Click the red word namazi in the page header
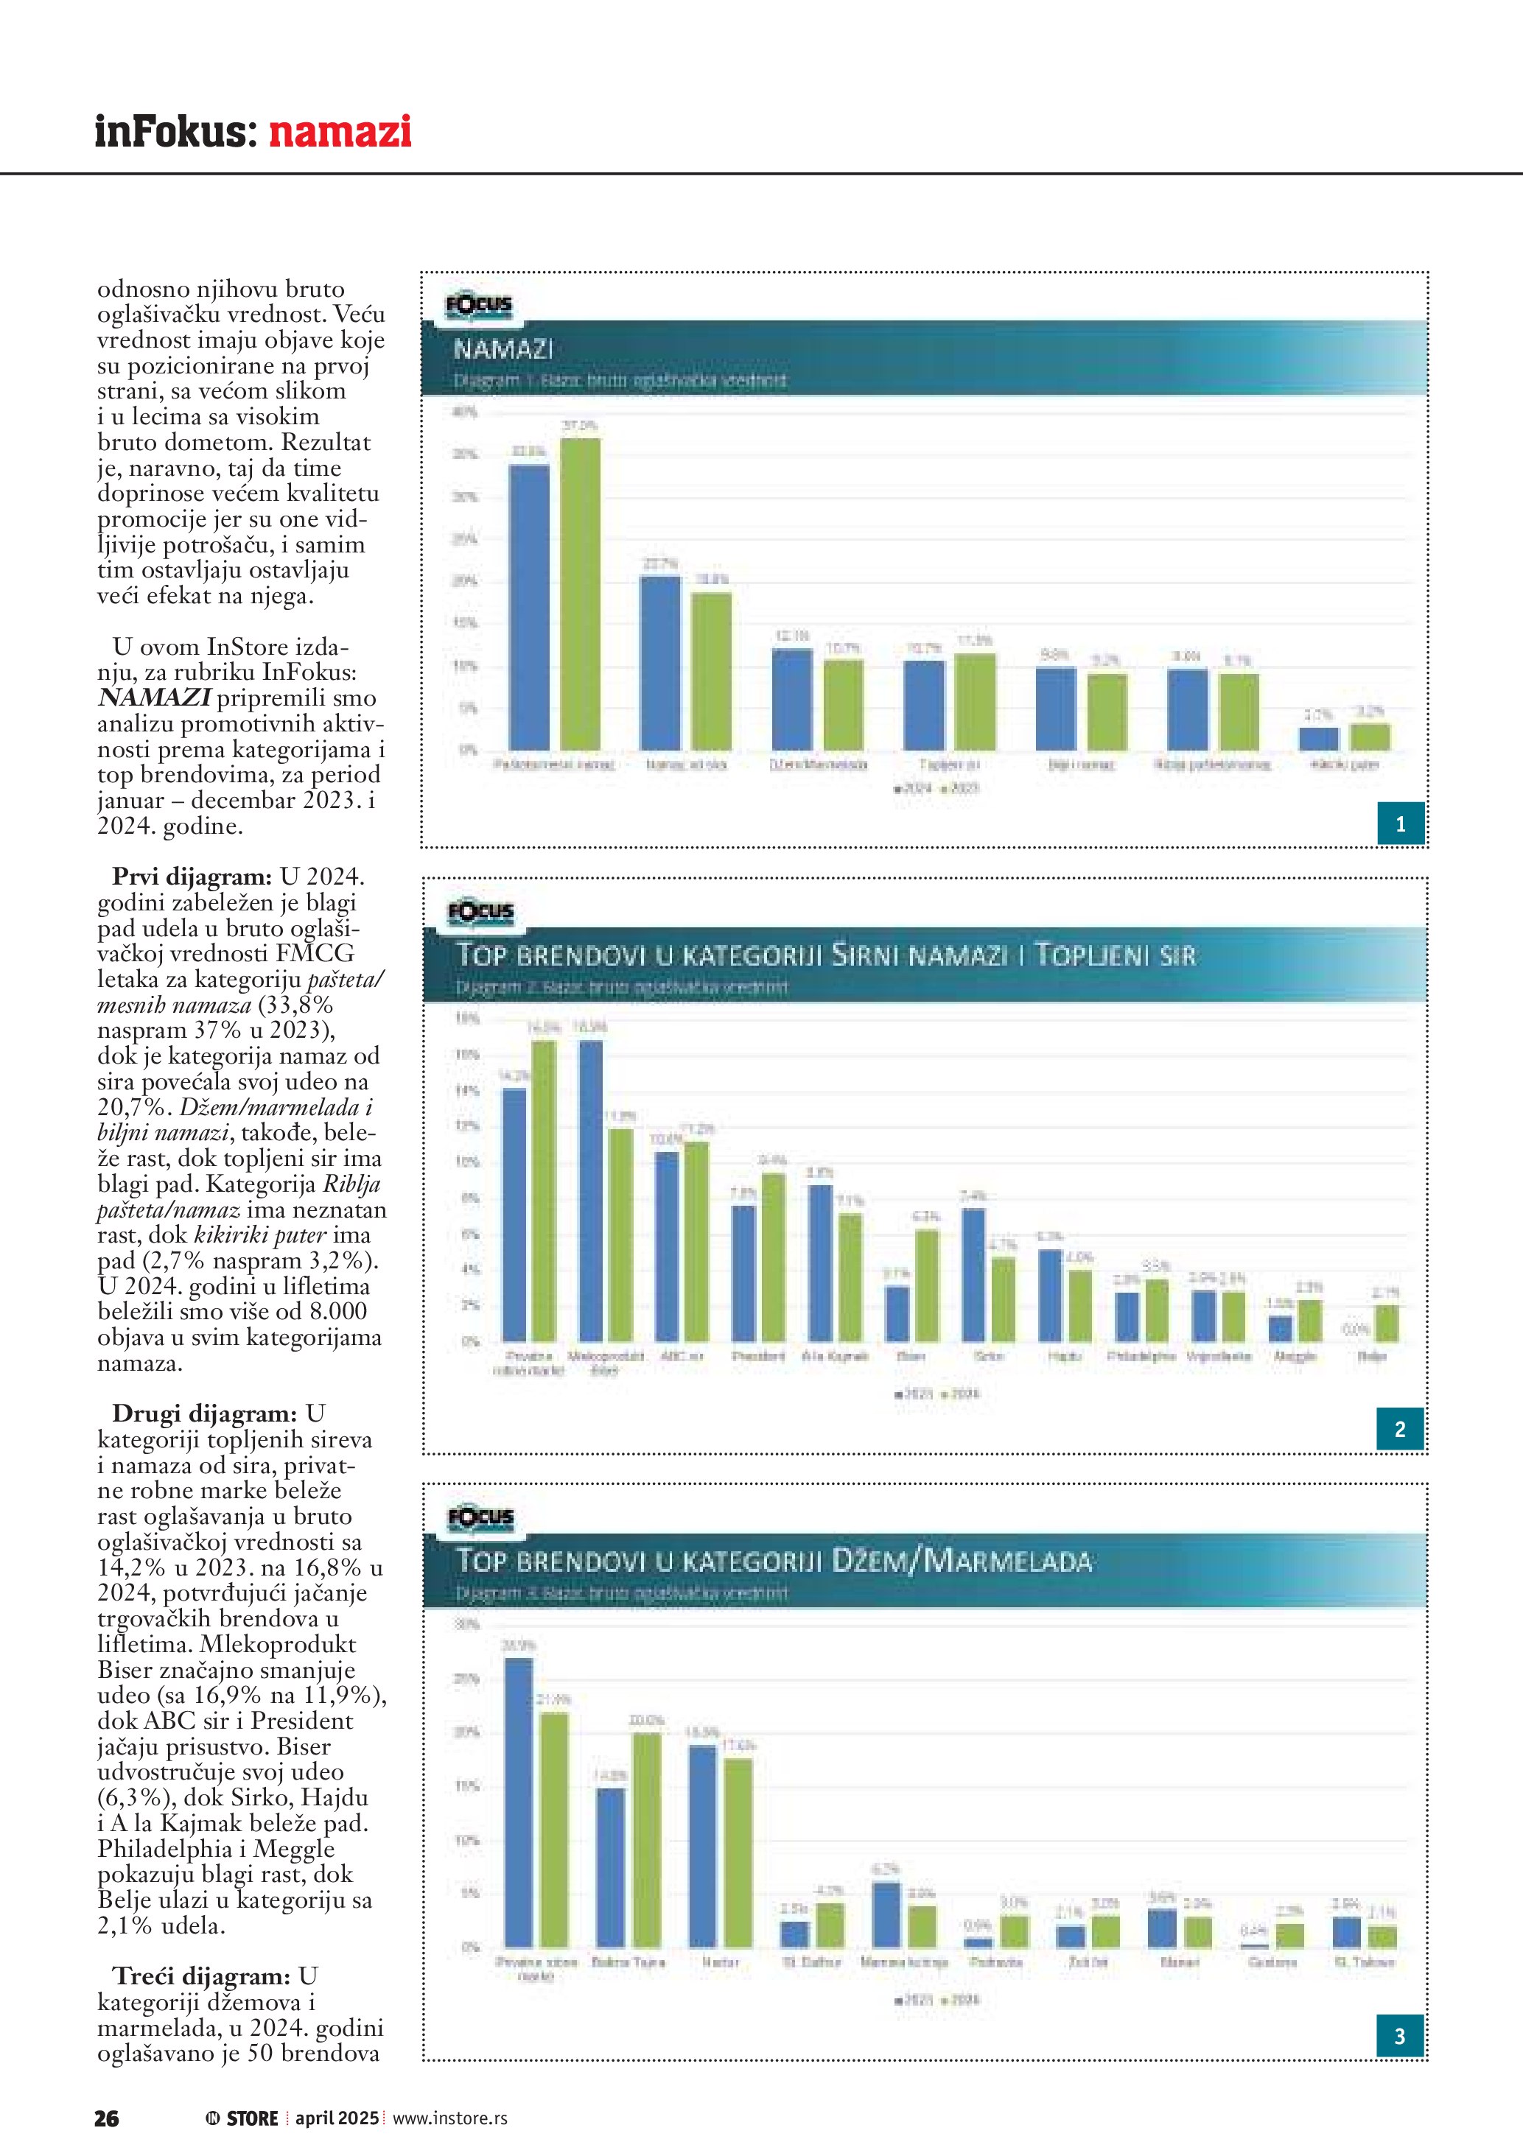[340, 131]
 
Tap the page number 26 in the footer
[106, 2118]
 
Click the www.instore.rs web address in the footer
[449, 2118]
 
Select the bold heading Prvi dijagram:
[192, 877]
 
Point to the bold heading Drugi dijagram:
[204, 1413]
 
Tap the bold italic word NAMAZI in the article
[154, 698]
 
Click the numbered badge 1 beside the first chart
[1400, 824]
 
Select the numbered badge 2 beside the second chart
[1400, 1429]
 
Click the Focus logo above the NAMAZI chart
[479, 306]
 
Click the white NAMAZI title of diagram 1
[503, 350]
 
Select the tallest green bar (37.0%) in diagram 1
[580, 593]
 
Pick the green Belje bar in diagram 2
[1386, 1323]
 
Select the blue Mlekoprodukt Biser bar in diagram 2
[591, 1191]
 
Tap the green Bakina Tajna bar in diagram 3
[645, 1840]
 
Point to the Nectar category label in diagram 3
[720, 1961]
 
